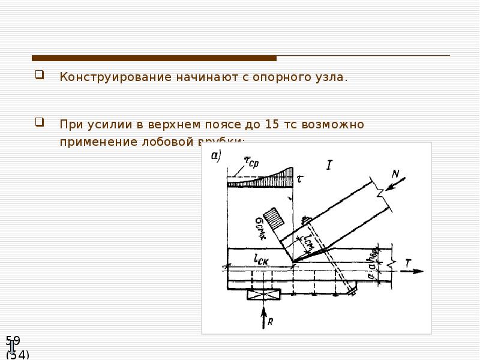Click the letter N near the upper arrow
click(395, 174)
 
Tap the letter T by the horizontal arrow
click(409, 262)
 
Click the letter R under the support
click(271, 322)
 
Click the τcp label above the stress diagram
click(251, 161)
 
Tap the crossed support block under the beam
click(263, 295)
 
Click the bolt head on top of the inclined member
click(305, 220)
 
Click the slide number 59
click(13, 341)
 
